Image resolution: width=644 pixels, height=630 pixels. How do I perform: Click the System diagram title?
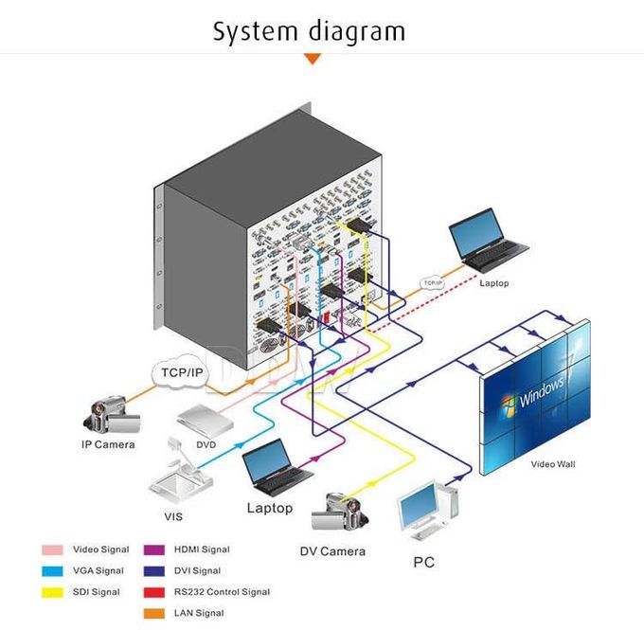(x=309, y=30)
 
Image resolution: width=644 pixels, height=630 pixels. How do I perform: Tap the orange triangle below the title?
(x=312, y=60)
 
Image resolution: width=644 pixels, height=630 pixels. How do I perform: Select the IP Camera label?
(x=107, y=444)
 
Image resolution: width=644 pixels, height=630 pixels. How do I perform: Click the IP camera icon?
(x=112, y=413)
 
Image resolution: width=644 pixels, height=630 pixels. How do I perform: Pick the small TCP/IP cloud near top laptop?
(x=432, y=282)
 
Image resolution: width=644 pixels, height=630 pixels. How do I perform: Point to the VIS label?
(x=173, y=517)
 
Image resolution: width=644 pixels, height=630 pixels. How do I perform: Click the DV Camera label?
(x=332, y=551)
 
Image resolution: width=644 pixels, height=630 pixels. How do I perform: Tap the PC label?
(x=424, y=563)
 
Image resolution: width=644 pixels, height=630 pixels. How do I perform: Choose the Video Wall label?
(x=552, y=464)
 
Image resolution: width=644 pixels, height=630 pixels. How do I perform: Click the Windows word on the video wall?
(x=541, y=389)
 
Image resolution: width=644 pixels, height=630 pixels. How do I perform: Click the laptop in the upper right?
(x=487, y=241)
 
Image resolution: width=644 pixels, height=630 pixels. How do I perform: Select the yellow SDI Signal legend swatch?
(x=53, y=592)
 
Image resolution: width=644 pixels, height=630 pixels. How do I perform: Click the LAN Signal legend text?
(x=198, y=613)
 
